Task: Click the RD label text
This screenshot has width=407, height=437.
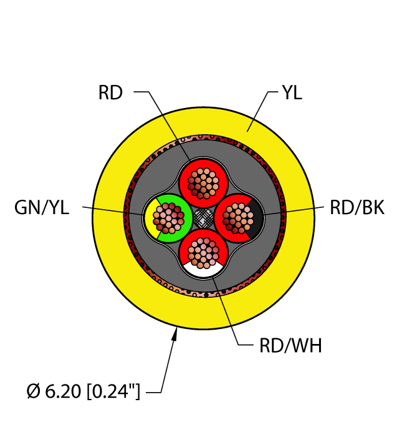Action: tap(110, 93)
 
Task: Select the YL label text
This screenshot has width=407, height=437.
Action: tap(292, 93)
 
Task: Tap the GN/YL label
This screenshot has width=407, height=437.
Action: tap(42, 208)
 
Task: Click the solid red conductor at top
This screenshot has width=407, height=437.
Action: tap(202, 181)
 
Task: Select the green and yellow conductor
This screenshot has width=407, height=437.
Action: tap(167, 217)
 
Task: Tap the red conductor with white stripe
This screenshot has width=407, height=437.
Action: tap(202, 253)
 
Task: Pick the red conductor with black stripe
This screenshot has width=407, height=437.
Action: tap(238, 217)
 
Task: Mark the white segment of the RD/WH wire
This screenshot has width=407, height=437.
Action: tap(202, 269)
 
